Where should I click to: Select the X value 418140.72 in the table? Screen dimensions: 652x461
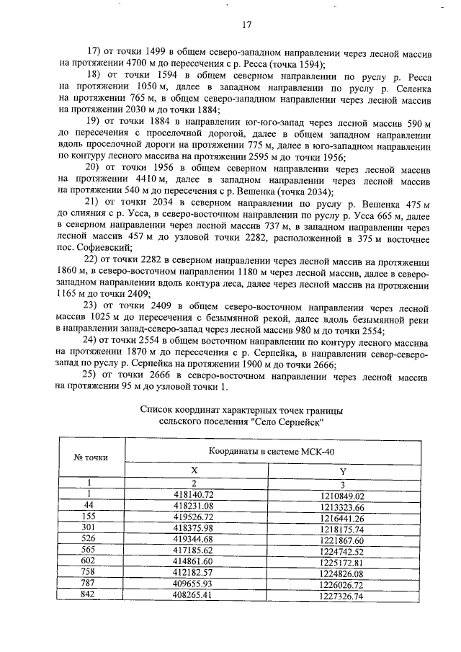[x=194, y=496]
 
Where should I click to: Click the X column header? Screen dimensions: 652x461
[x=194, y=470]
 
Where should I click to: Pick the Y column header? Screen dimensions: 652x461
[x=343, y=470]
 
